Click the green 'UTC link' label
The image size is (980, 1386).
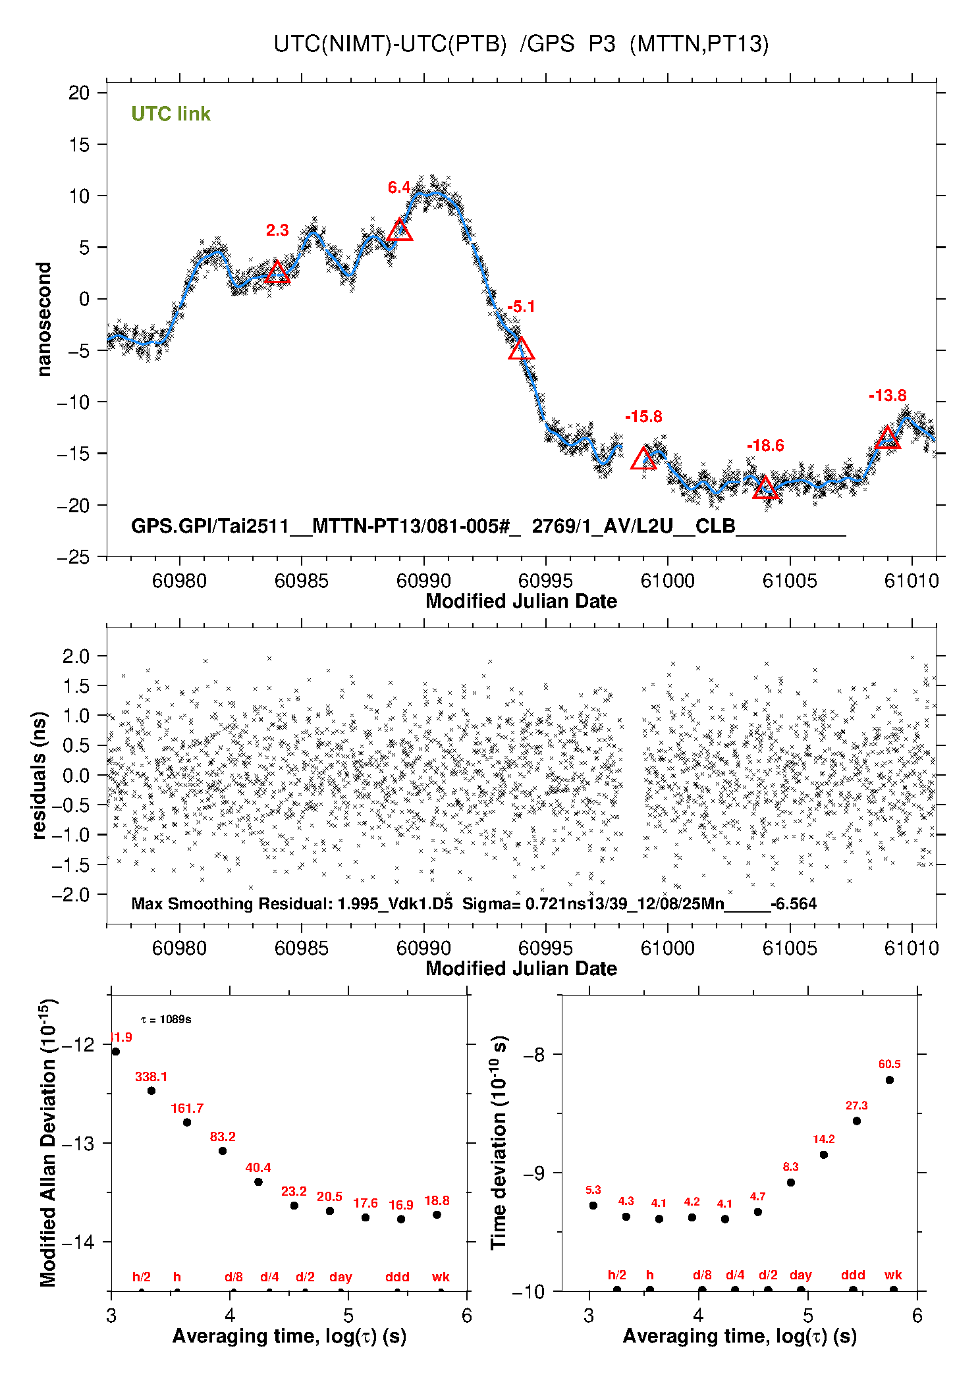(x=171, y=114)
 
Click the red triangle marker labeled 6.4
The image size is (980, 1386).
(x=400, y=230)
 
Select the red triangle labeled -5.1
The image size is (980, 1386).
(x=521, y=349)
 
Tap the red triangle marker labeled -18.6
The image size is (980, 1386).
(x=765, y=488)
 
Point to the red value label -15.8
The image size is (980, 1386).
(x=643, y=417)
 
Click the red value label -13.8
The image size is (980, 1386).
(x=887, y=396)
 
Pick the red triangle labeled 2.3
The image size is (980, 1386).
(x=277, y=273)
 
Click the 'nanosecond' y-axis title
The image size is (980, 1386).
(x=44, y=319)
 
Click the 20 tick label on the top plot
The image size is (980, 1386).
(x=79, y=93)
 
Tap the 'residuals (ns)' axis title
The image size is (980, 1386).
(x=40, y=775)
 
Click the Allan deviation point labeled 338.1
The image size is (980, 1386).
(x=151, y=1090)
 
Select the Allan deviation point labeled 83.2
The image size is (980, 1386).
(x=223, y=1151)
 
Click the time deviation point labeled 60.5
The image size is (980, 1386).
(x=889, y=1080)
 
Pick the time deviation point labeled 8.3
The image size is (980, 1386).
(x=790, y=1183)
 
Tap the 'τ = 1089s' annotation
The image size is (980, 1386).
(x=166, y=1020)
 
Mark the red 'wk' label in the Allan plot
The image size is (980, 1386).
(x=441, y=1277)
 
